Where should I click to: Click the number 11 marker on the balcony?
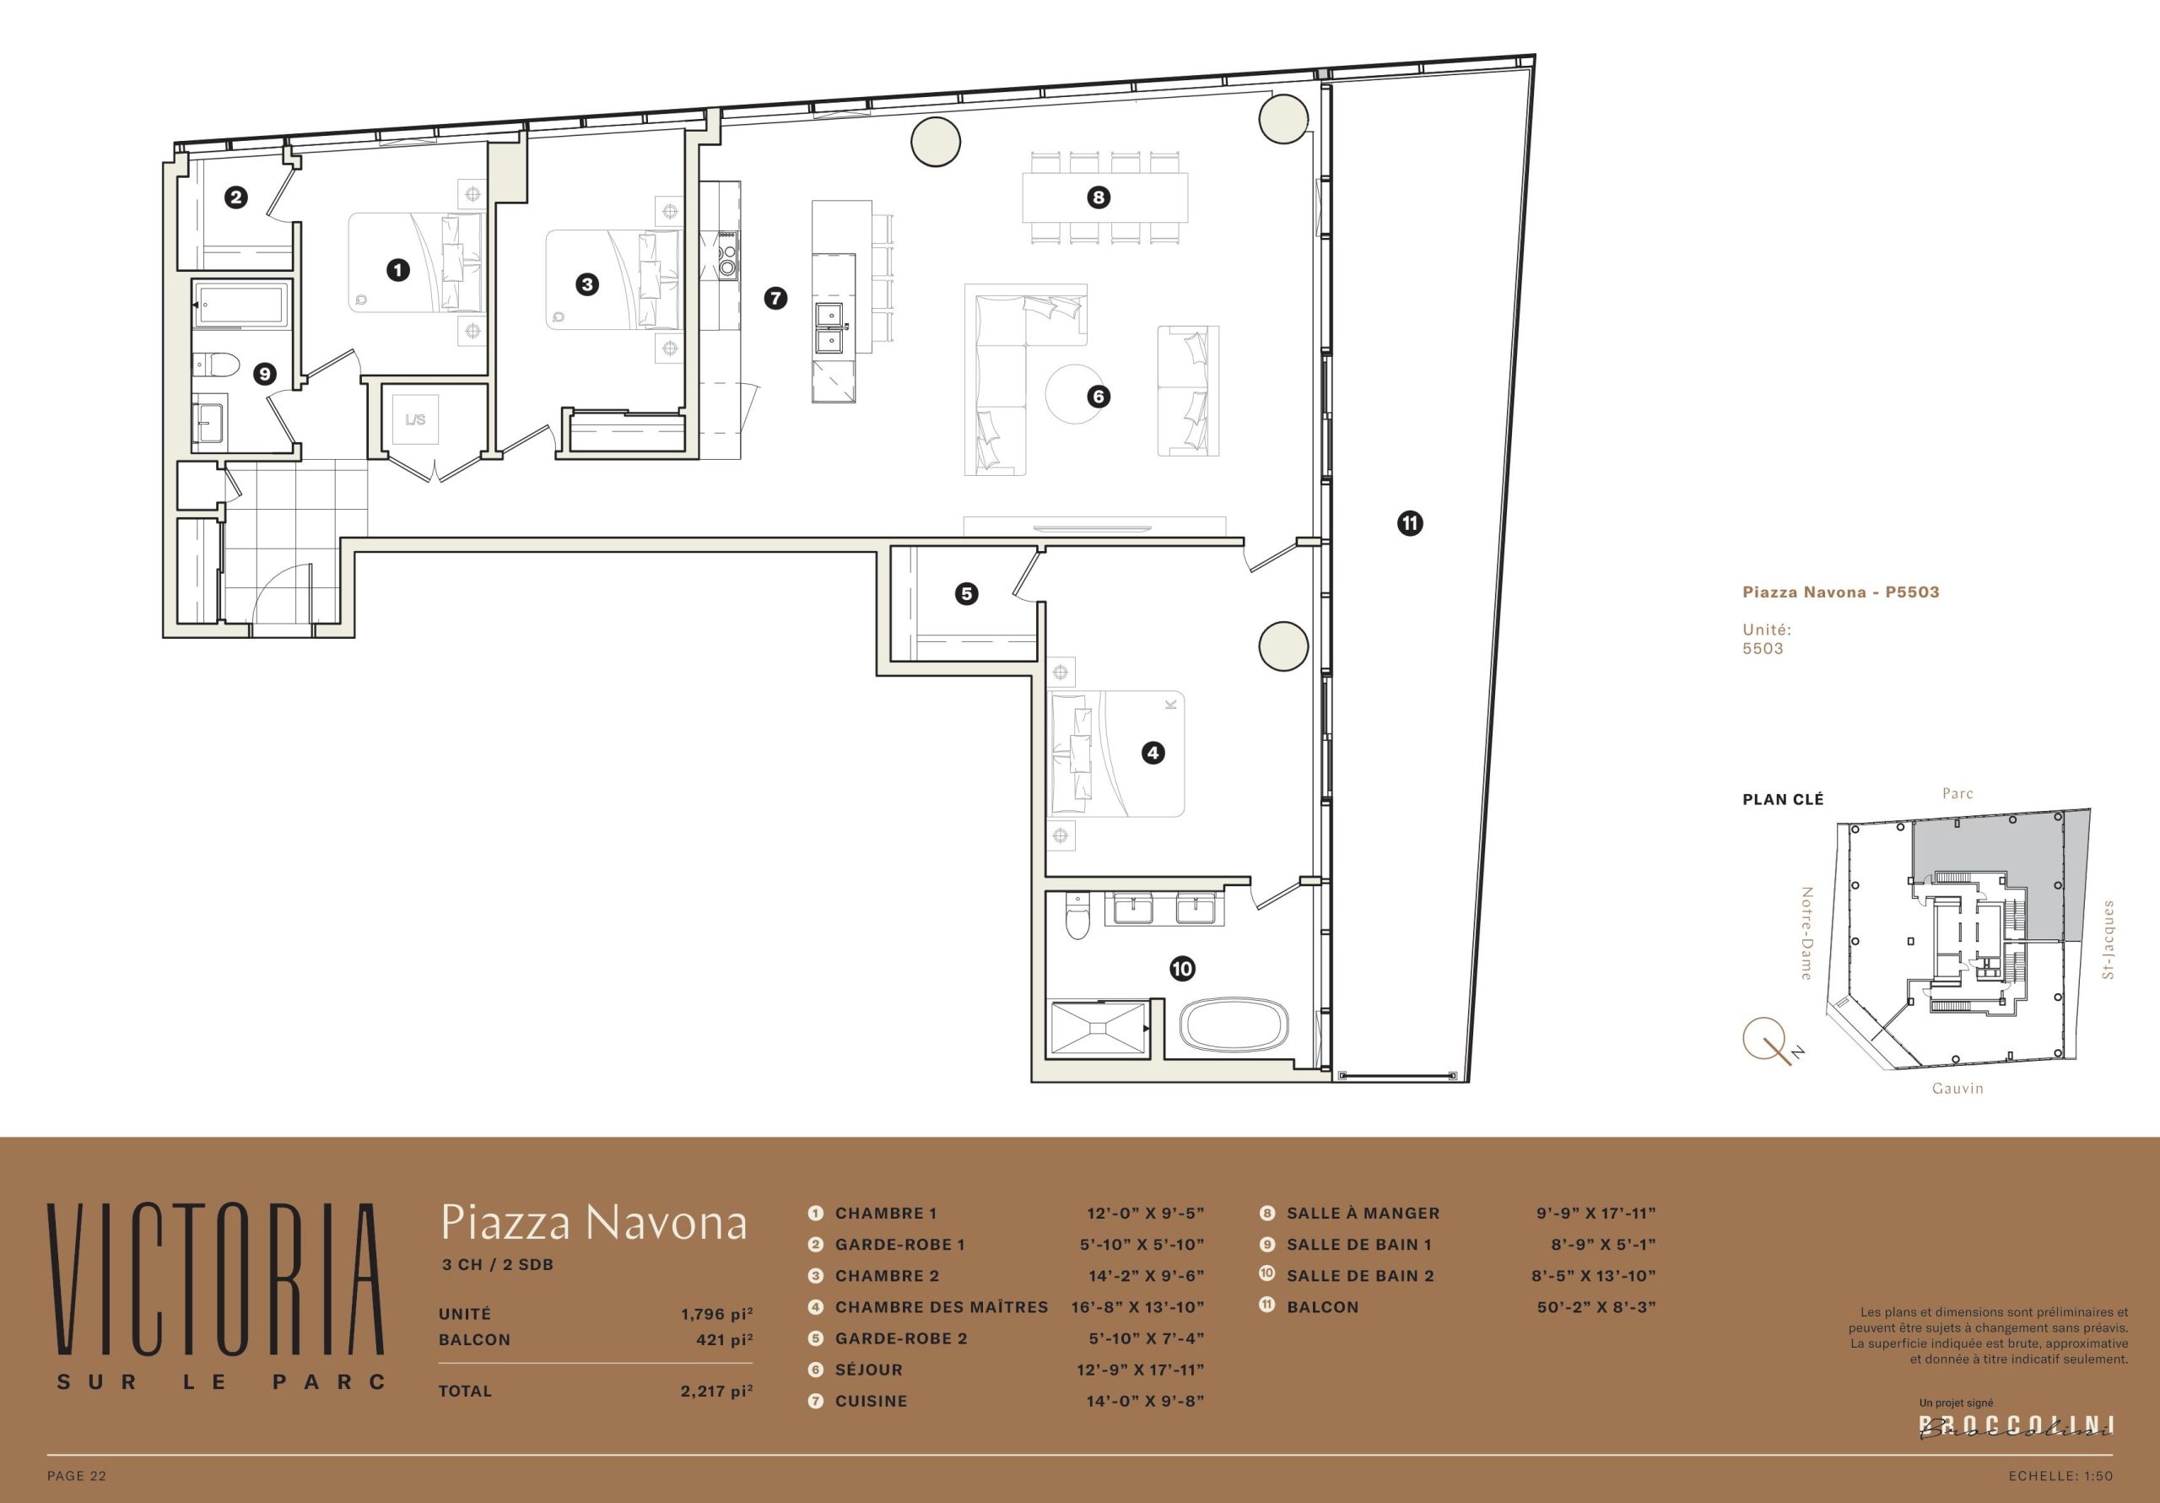coord(1409,523)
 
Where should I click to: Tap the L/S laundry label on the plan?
coord(415,419)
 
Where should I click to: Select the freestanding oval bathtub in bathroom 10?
coord(1234,1025)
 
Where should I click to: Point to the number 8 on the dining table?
coord(1098,197)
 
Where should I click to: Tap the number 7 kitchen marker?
coord(775,299)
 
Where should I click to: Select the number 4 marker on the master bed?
coord(1153,753)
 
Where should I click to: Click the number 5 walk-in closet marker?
coord(966,594)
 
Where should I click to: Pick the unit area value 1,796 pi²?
coord(717,1314)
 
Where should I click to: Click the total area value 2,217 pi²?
coord(717,1391)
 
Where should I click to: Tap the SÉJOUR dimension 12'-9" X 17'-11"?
coord(1140,1370)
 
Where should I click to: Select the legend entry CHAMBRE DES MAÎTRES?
coord(942,1307)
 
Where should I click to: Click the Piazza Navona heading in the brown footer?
coord(594,1223)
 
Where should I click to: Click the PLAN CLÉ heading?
coord(1783,800)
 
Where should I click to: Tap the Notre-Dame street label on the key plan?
coord(1806,933)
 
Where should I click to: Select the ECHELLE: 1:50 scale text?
coord(2060,1476)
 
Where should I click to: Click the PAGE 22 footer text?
coord(77,1476)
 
